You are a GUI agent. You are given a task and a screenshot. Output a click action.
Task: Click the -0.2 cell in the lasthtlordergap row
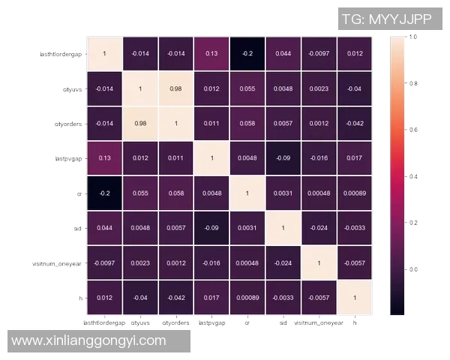(x=247, y=54)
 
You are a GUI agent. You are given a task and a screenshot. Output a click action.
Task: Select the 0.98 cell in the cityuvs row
(x=175, y=88)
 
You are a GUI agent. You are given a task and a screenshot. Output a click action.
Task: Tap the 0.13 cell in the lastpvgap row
(x=104, y=158)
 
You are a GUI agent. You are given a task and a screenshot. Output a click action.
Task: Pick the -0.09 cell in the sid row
(x=211, y=227)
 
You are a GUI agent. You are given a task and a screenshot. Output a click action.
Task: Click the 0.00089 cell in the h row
(x=247, y=298)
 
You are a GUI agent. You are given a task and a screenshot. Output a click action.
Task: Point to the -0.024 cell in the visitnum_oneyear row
(x=282, y=262)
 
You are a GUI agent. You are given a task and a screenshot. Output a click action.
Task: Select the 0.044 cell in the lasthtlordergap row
(x=282, y=54)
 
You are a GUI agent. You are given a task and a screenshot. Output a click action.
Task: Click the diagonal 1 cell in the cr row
(x=247, y=193)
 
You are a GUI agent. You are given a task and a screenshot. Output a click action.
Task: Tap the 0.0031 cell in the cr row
(x=282, y=193)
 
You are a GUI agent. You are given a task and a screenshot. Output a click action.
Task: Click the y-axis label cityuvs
(x=73, y=88)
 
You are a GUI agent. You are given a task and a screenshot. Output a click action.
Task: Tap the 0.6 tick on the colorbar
(x=412, y=130)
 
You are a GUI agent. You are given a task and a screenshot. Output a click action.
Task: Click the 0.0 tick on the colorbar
(x=412, y=268)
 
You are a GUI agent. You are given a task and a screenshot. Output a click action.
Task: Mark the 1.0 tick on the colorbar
(x=412, y=37)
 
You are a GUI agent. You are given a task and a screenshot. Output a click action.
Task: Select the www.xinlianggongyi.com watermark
(x=89, y=341)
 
